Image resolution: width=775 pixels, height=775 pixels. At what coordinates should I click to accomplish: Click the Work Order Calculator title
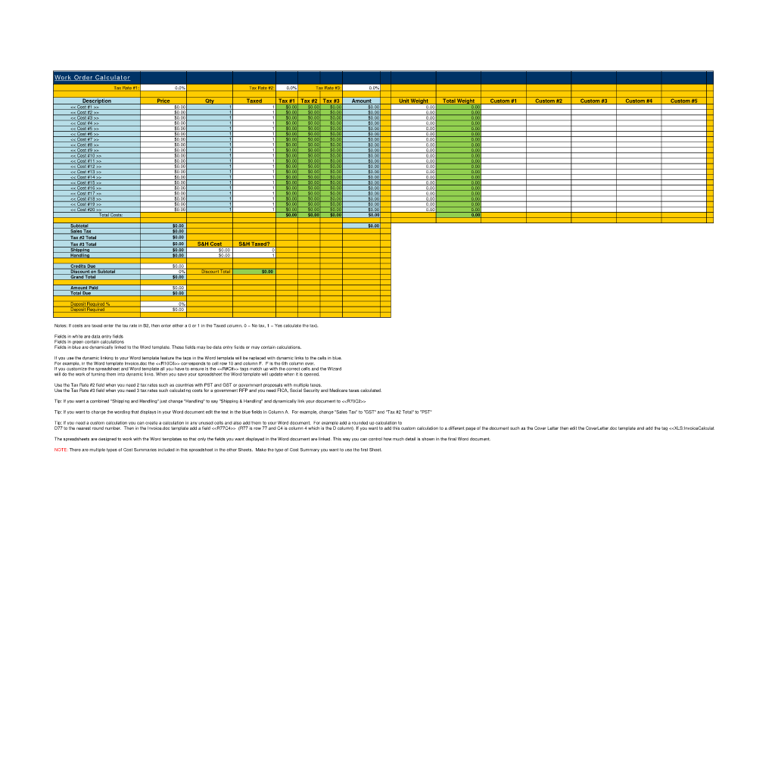[92, 78]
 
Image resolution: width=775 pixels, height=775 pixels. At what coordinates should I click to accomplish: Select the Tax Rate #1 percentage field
[163, 88]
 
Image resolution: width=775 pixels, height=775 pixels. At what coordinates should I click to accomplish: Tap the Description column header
[96, 101]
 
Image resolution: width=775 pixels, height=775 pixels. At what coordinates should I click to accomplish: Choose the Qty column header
[210, 101]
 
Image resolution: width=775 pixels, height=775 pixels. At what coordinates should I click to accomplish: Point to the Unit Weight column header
[413, 101]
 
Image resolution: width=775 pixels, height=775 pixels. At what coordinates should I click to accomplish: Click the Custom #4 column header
[639, 101]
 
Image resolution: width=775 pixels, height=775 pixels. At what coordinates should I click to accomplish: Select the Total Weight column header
[459, 101]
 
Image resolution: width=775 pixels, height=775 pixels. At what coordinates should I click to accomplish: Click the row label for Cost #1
[85, 107]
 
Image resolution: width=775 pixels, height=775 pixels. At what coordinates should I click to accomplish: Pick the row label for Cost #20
[85, 210]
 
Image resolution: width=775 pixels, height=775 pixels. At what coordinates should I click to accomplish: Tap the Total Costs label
[110, 215]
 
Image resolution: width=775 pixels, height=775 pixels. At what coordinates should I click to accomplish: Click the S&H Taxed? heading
[254, 244]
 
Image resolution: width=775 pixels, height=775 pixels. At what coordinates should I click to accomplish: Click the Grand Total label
[82, 277]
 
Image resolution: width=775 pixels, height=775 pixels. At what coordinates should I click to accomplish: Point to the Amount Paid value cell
[163, 288]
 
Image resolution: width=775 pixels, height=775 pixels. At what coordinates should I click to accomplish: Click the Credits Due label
[82, 266]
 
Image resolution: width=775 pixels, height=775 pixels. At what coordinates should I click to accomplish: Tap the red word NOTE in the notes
[61, 450]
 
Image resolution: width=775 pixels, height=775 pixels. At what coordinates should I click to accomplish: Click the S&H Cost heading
[210, 244]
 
